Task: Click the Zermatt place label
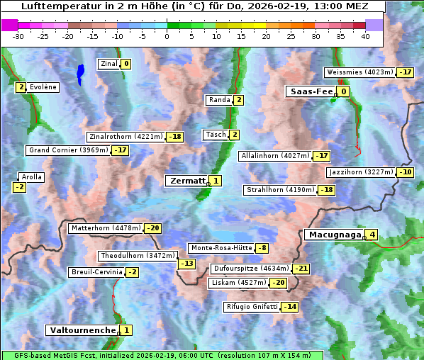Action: pos(186,181)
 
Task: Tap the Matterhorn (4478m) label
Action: pos(105,228)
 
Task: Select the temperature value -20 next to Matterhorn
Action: pos(152,228)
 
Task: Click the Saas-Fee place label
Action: pos(311,91)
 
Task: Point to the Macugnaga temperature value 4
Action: pos(372,235)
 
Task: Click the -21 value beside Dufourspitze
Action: pos(301,269)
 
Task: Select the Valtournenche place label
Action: pos(82,330)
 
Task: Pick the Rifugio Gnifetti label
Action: pos(252,307)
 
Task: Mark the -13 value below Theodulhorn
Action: pos(186,264)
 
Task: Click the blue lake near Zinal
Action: pos(80,72)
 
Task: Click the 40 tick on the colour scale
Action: pos(365,36)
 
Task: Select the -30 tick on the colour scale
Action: pos(18,36)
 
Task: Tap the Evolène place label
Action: pos(43,87)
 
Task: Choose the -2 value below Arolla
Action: pos(19,187)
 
